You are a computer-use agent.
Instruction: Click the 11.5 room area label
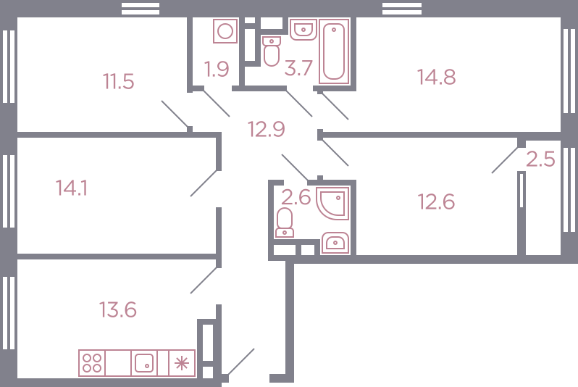click(118, 82)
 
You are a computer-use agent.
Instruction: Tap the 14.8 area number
click(437, 77)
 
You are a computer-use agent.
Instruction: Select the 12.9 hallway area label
click(266, 130)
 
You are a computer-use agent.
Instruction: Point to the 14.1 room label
click(72, 188)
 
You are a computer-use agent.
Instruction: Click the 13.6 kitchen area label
click(118, 309)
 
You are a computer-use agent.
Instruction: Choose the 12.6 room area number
click(437, 201)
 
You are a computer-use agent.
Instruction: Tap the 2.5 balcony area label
click(540, 159)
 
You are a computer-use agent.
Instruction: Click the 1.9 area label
click(217, 69)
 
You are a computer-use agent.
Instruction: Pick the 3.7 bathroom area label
click(298, 68)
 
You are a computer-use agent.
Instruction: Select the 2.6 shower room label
click(296, 197)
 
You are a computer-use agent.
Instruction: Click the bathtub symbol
click(334, 51)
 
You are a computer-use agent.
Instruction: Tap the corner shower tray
click(332, 203)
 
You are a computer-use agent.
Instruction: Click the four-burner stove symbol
click(92, 363)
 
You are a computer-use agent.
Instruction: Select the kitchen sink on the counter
click(144, 363)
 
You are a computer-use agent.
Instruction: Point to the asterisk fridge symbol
click(182, 363)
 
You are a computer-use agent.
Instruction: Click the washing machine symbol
click(225, 31)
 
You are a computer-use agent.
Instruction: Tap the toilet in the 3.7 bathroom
click(272, 51)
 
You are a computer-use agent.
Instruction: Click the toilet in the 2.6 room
click(284, 222)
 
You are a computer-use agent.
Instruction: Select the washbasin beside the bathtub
click(303, 30)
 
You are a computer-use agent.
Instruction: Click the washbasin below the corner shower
click(335, 243)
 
